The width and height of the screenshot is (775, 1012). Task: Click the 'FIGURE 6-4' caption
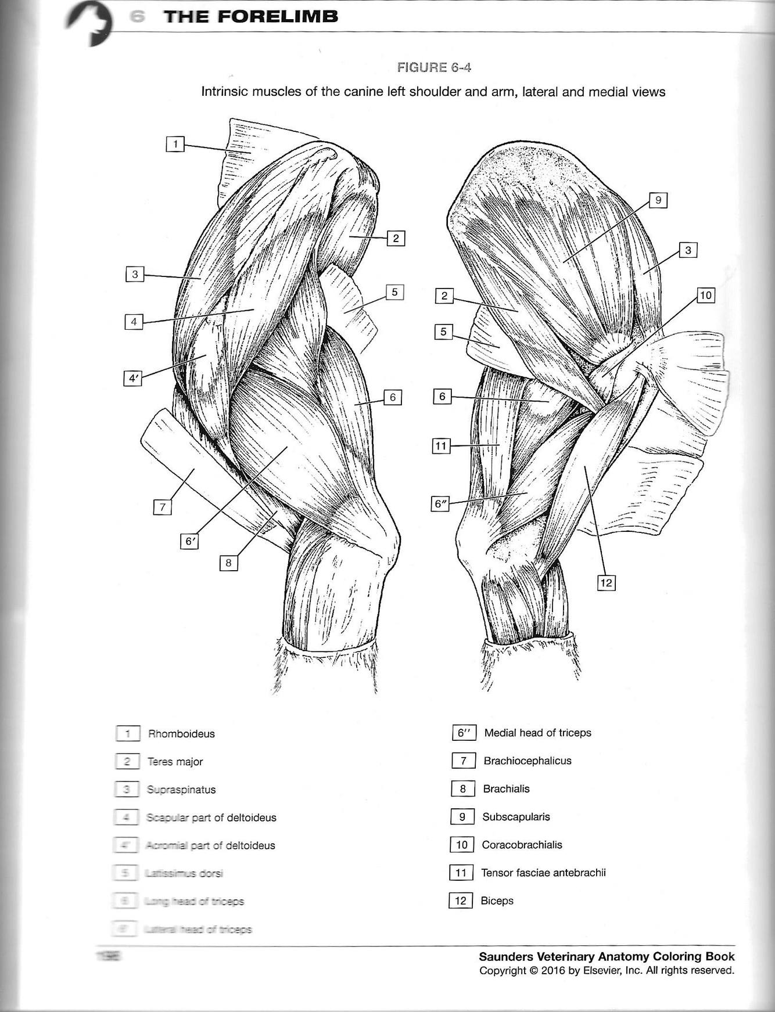433,68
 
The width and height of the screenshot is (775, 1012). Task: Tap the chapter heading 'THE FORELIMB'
250,17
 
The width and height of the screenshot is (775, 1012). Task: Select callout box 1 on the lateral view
175,144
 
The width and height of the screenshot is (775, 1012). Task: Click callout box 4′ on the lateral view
133,379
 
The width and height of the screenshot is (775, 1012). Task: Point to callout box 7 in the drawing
162,507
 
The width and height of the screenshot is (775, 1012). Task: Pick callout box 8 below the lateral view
228,562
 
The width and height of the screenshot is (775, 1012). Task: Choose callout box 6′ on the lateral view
189,541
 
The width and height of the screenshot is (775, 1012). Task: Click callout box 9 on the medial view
658,200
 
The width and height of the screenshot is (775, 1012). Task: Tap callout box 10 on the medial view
705,295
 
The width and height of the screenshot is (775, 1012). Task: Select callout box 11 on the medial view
441,446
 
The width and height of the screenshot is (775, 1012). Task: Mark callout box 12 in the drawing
606,582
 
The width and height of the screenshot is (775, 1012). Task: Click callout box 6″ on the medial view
441,503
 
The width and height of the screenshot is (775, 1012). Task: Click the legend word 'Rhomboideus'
181,734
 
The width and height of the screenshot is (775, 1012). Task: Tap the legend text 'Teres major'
175,762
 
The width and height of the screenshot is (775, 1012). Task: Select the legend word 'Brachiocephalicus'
528,761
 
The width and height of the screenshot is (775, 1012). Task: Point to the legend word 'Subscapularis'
516,817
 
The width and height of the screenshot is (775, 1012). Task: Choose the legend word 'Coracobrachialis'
522,845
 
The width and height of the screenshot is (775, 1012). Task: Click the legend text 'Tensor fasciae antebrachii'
543,873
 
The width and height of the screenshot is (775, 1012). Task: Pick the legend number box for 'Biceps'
461,901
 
